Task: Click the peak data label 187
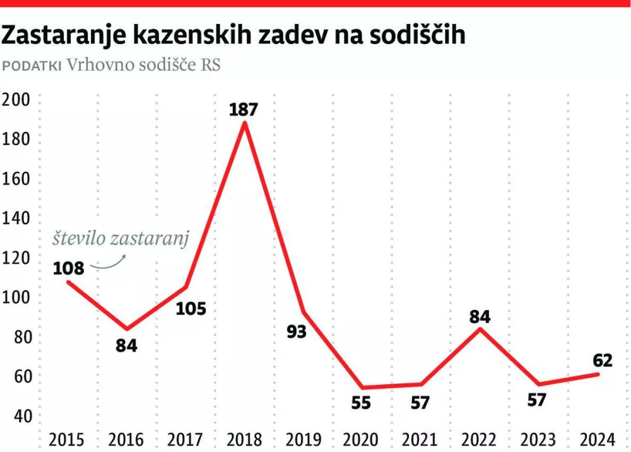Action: click(244, 109)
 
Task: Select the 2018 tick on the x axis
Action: click(244, 439)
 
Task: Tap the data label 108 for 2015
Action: click(68, 268)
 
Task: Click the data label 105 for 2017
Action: click(190, 309)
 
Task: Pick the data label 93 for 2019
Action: click(296, 331)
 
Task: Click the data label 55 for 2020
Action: click(361, 403)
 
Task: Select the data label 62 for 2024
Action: click(603, 360)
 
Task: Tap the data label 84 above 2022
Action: click(480, 316)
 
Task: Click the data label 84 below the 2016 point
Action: click(127, 346)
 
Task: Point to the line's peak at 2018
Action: click(244, 123)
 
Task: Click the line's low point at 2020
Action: click(362, 388)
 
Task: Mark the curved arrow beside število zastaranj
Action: click(109, 264)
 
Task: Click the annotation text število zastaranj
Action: click(120, 239)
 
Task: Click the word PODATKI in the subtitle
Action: click(32, 66)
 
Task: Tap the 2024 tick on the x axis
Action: click(598, 439)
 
